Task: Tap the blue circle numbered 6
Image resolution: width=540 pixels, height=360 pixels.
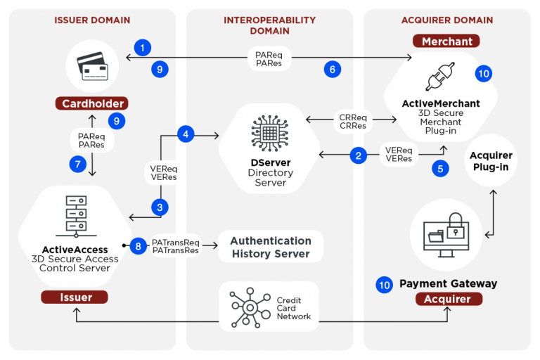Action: pos(333,68)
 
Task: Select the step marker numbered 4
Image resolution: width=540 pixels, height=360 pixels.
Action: pos(186,134)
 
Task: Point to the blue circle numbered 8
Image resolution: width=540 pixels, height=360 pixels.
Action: pos(139,246)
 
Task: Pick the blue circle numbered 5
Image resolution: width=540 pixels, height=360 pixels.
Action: pos(440,168)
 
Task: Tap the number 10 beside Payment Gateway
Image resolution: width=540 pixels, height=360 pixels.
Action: pos(384,284)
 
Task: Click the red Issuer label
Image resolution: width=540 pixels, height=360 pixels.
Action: pos(75,297)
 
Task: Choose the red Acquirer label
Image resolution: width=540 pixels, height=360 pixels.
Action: pos(448,300)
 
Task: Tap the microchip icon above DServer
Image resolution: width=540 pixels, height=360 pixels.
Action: pos(270,132)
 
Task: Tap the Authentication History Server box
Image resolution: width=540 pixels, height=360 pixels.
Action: pos(271,247)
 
